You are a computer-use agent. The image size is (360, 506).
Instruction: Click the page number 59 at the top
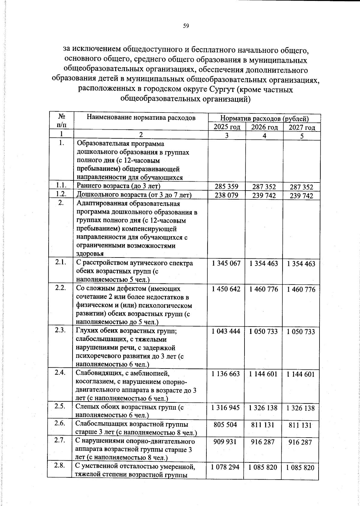[x=186, y=26]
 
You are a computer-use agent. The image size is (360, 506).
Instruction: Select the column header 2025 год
[x=227, y=127]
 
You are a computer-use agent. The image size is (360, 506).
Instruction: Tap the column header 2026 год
[x=264, y=127]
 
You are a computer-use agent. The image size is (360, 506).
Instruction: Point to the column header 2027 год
[x=302, y=128]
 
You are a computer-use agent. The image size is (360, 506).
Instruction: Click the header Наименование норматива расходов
[x=141, y=118]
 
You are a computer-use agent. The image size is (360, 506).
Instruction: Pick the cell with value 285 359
[x=226, y=187]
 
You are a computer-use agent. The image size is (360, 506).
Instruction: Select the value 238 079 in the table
[x=226, y=195]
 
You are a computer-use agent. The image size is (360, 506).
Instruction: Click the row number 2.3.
[x=61, y=330]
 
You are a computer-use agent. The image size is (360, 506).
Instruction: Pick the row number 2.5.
[x=60, y=406]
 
